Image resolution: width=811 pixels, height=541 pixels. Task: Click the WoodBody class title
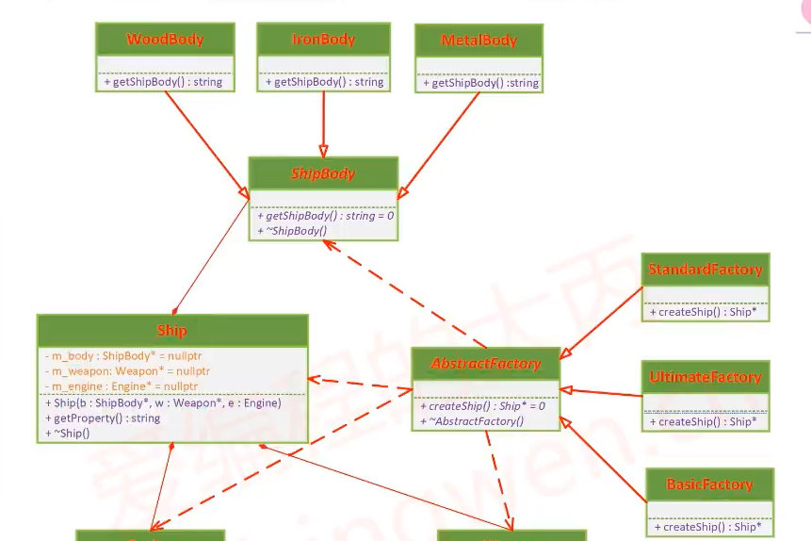coord(165,40)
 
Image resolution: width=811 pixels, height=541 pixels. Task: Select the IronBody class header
coord(323,40)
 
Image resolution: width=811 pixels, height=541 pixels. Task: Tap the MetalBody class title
coord(479,41)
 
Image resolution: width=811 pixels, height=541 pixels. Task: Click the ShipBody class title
coord(324,173)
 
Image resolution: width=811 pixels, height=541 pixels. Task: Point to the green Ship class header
coord(172,331)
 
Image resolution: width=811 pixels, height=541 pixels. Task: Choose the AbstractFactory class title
coord(486,364)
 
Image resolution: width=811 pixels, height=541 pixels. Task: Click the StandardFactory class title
coord(705,270)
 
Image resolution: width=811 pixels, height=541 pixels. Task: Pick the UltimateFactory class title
coord(705,378)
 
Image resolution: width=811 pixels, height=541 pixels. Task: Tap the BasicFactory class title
coord(709,484)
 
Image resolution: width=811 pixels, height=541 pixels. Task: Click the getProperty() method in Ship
coord(103,418)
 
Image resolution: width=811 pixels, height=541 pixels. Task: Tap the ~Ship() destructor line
coord(68,433)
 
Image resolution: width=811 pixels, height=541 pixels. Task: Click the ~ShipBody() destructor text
coord(292,231)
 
